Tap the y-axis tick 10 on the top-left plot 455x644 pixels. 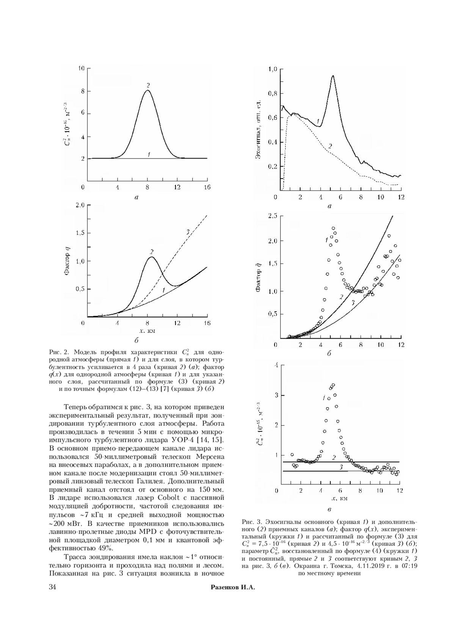pyautogui.click(x=81, y=68)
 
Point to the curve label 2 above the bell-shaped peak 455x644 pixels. pyautogui.click(x=148, y=85)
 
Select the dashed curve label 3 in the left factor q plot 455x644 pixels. pyautogui.click(x=188, y=232)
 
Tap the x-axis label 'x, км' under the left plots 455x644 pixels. pyautogui.click(x=147, y=331)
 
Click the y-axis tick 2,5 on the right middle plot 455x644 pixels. pyautogui.click(x=273, y=216)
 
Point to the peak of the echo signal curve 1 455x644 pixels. pyautogui.click(x=333, y=76)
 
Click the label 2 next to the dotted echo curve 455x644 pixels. pyautogui.click(x=330, y=146)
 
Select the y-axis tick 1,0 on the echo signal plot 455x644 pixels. pyautogui.click(x=273, y=69)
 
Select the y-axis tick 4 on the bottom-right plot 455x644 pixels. pyautogui.click(x=276, y=365)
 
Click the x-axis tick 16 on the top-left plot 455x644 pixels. pyautogui.click(x=207, y=187)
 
